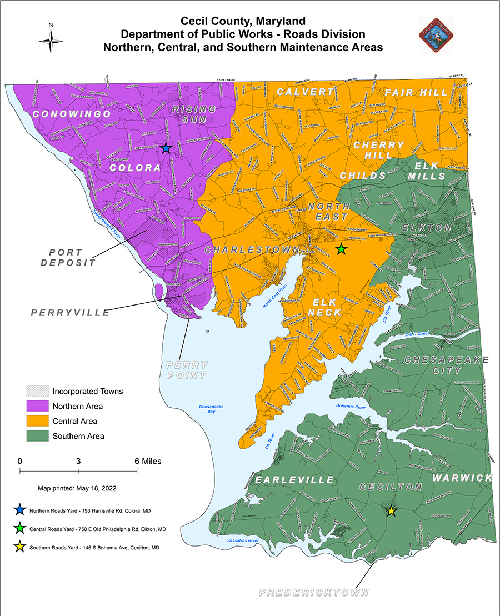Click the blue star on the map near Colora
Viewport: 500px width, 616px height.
pos(166,148)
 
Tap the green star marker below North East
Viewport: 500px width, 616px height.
pos(341,249)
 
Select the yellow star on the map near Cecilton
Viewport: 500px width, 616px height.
pos(391,511)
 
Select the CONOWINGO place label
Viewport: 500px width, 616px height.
pos(72,114)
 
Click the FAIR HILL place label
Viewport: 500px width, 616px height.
pos(416,92)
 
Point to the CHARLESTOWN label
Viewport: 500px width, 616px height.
pos(252,250)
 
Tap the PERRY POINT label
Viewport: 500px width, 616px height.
pos(187,370)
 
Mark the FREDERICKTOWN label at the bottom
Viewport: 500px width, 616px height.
pos(314,593)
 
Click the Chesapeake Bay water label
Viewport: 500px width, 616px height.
pos(211,410)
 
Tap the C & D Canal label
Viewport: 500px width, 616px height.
pos(416,334)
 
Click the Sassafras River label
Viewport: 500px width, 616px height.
pos(244,540)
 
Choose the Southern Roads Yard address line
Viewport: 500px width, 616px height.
pos(94,547)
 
